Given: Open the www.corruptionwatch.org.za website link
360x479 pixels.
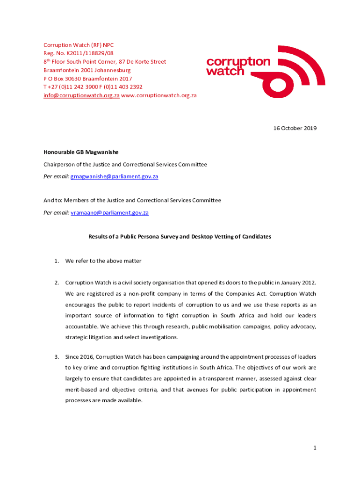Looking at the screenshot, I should coord(159,95).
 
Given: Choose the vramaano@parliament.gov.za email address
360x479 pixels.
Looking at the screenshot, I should coord(109,212).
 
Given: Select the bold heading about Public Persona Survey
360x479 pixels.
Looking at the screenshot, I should coord(180,237).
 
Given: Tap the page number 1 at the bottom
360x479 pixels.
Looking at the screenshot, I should coord(315,448).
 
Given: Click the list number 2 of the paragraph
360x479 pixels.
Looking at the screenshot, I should coord(56,283).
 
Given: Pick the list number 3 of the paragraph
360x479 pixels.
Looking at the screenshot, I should coord(56,357).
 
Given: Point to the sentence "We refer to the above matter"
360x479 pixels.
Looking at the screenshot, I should coord(103,261).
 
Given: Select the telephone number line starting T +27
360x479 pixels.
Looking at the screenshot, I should coord(93,87).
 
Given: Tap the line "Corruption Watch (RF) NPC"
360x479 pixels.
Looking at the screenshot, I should coord(79,45).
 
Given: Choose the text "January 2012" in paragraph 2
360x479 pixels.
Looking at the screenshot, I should coord(297,283).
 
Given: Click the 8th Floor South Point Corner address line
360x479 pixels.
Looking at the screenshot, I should coord(105,62).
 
